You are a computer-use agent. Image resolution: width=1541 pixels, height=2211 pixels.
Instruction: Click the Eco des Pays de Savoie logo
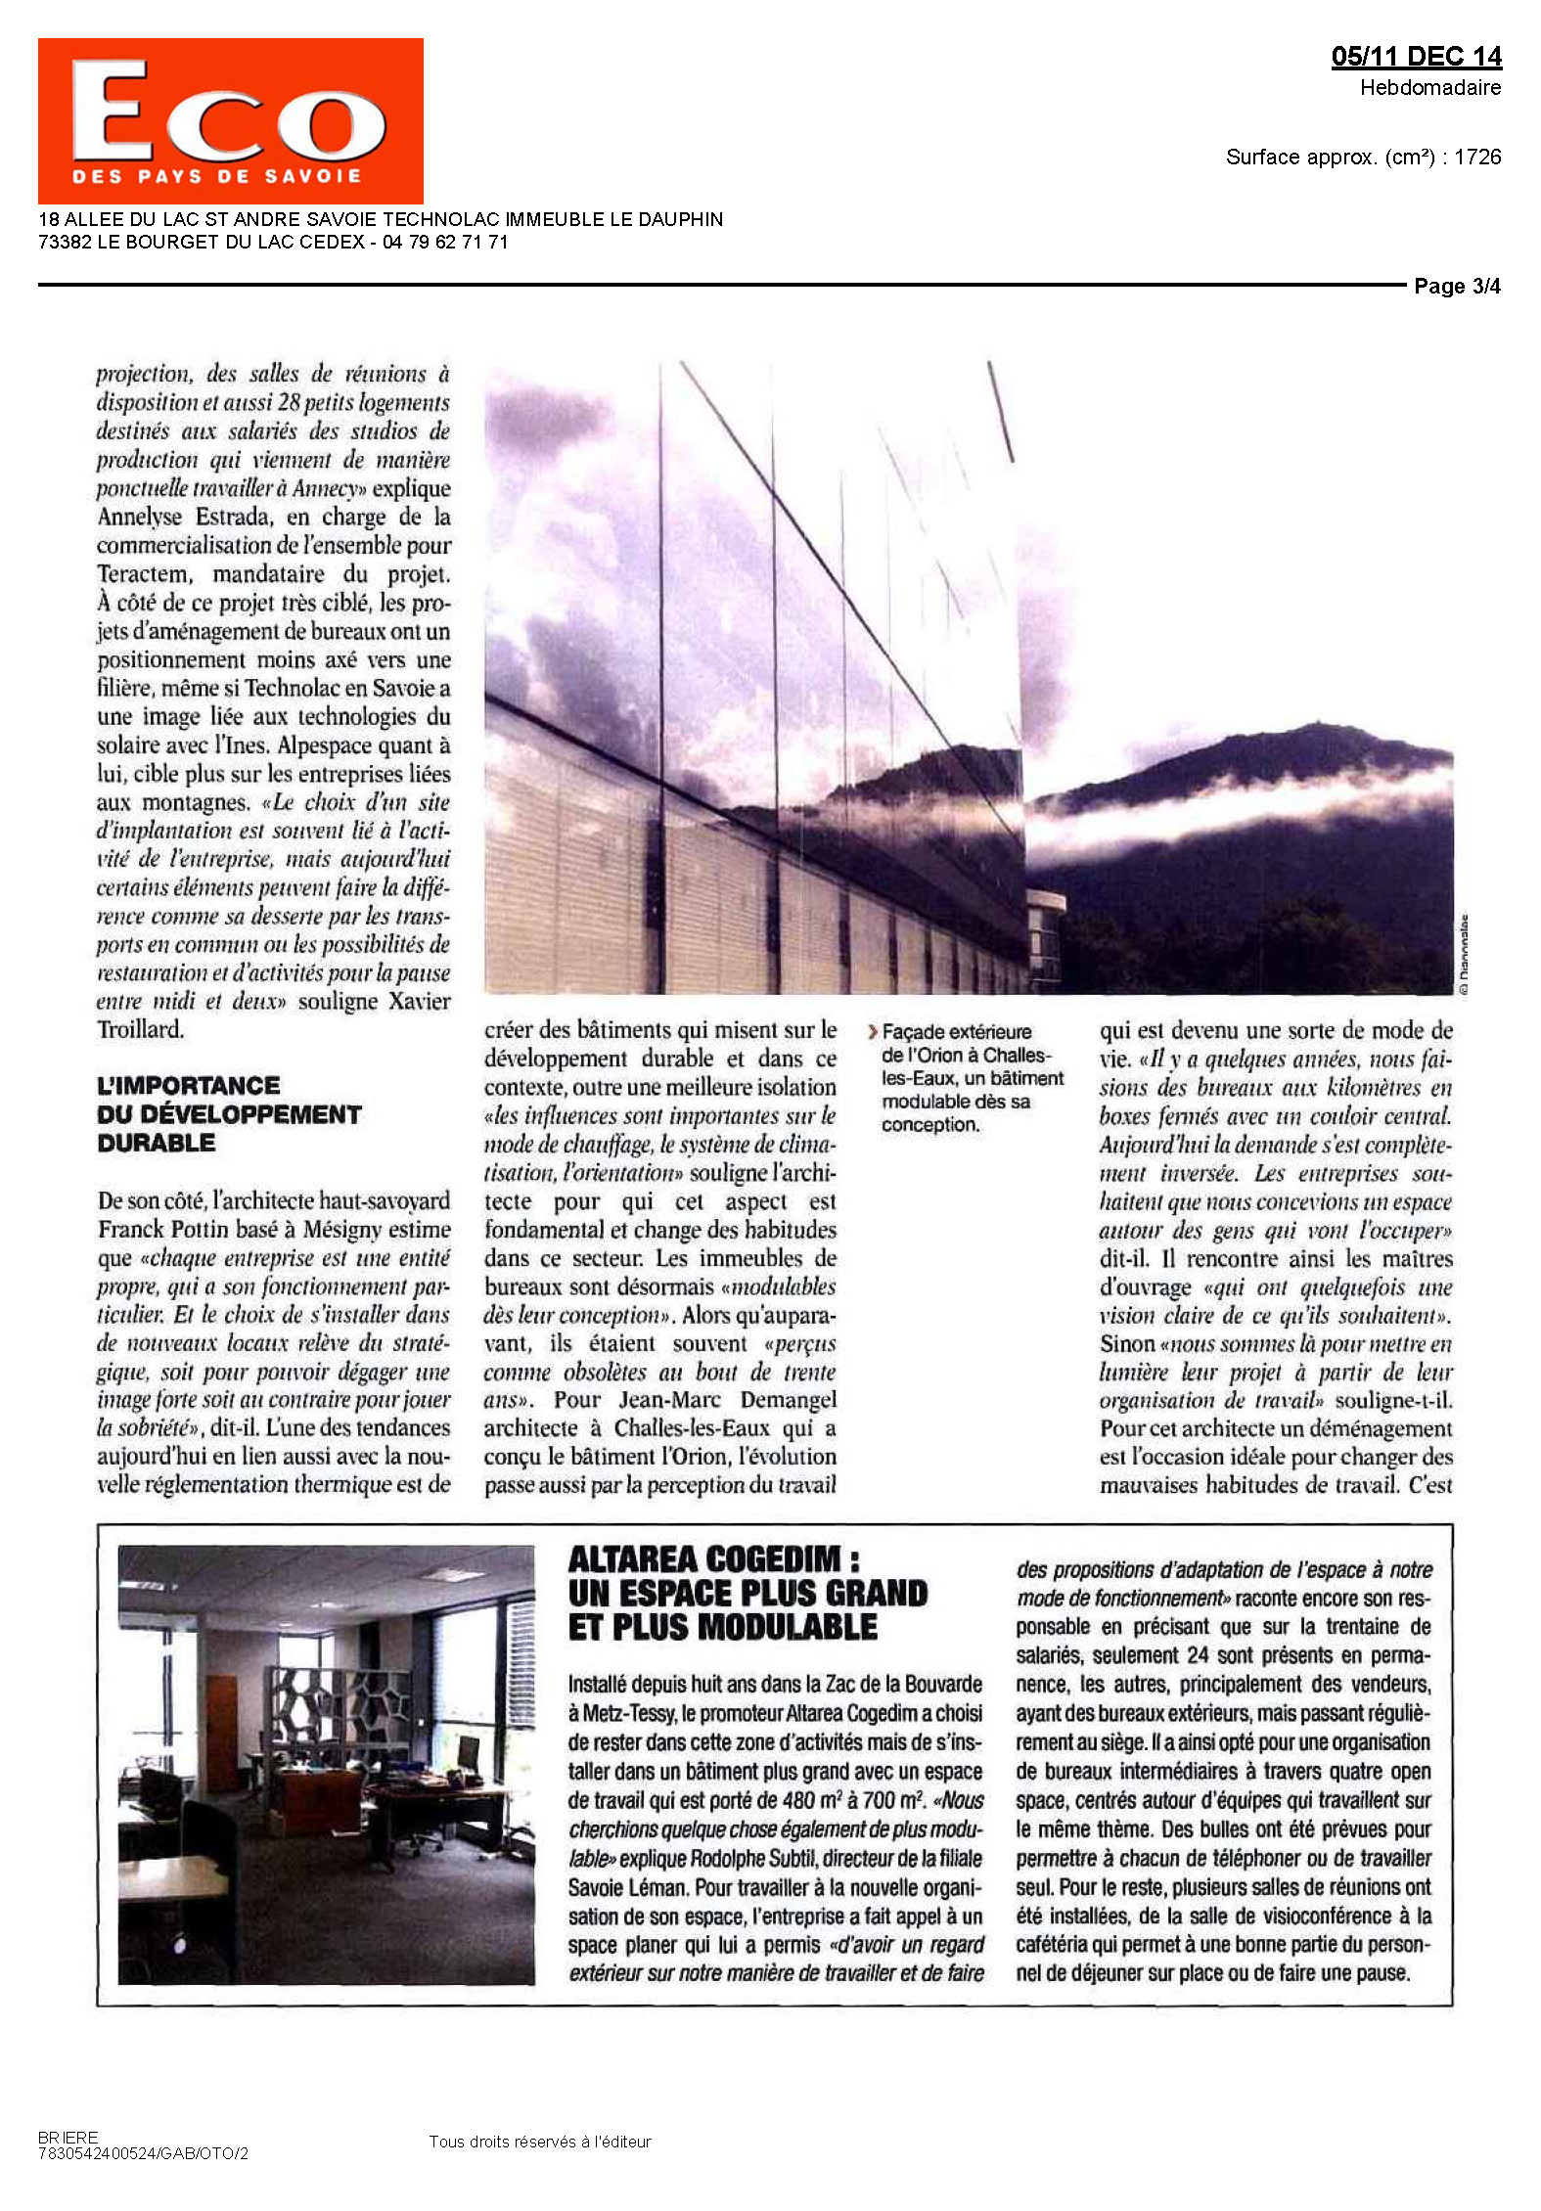click(230, 120)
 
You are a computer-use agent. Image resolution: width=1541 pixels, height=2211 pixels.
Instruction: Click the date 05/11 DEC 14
click(1415, 57)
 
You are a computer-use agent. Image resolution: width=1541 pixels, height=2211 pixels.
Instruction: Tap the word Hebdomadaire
click(1429, 88)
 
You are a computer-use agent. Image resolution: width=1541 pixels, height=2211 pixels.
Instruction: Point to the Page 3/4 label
click(1456, 287)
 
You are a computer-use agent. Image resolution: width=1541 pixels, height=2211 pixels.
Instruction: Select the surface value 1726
click(1476, 158)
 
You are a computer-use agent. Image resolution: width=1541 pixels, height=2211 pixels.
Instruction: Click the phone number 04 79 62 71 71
click(445, 243)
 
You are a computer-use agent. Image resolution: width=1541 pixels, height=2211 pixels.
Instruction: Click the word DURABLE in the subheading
click(156, 1143)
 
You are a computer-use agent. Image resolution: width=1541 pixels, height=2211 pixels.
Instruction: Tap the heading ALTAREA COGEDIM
click(703, 1559)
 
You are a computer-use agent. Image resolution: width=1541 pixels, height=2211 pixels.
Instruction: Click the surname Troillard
click(140, 1029)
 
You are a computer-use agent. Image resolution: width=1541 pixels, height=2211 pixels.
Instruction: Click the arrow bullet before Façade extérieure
click(873, 1031)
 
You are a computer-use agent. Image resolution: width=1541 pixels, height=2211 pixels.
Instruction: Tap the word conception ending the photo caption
click(929, 1125)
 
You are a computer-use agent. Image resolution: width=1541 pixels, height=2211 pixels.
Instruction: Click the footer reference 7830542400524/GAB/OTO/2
click(143, 2153)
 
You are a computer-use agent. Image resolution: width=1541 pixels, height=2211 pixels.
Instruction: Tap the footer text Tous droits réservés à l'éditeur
click(539, 2142)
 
